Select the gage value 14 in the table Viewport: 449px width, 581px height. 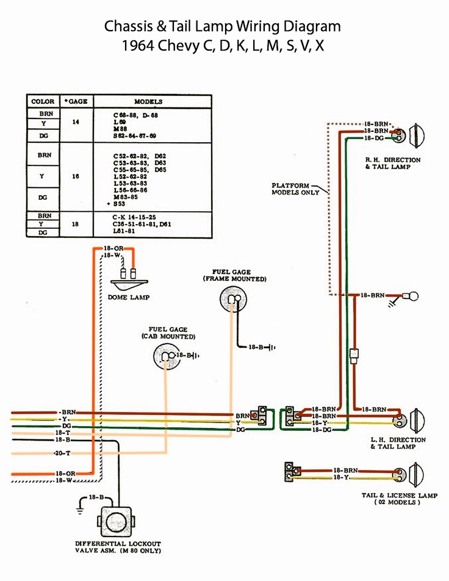click(x=76, y=122)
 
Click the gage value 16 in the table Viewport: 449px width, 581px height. click(x=76, y=176)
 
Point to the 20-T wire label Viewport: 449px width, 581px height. click(x=63, y=453)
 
